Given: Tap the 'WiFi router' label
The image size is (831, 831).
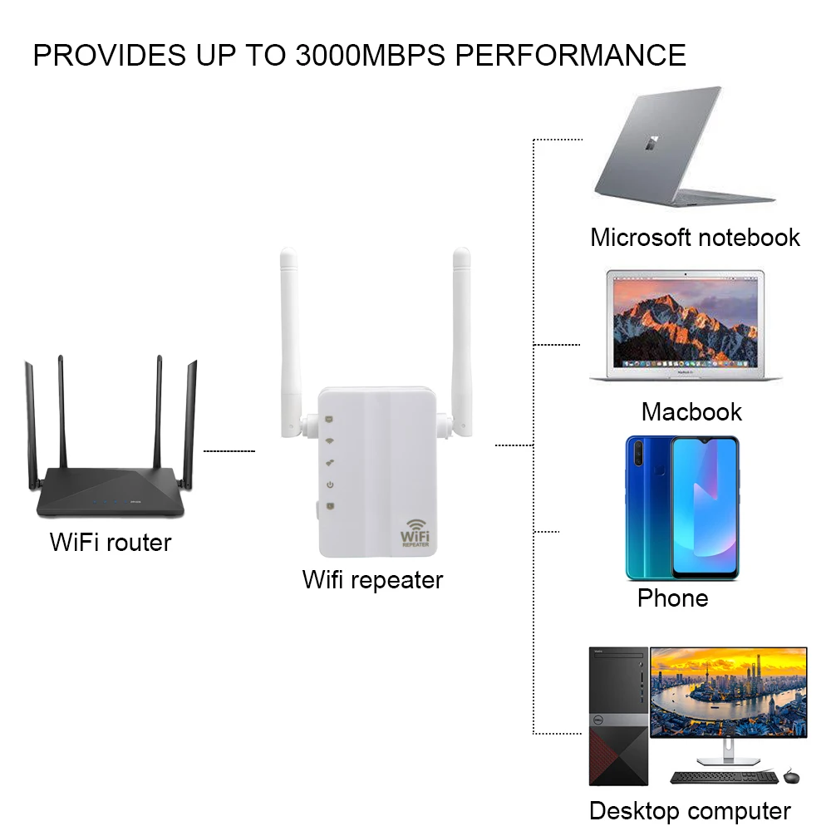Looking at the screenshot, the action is click(x=111, y=543).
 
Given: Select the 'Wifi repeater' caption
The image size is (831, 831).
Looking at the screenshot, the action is click(x=372, y=579).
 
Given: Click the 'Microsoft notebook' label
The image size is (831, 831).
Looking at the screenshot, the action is click(x=695, y=237).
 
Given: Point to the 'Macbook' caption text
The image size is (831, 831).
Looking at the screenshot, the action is click(x=691, y=411).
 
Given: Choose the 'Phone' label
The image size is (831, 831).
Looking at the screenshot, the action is click(x=672, y=597).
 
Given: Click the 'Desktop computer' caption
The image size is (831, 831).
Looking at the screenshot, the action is click(x=690, y=810).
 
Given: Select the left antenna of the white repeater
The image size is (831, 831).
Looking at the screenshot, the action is click(x=289, y=332).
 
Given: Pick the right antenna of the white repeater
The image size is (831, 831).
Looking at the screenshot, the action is click(x=462, y=332).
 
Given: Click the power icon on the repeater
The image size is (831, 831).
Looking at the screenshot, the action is click(x=330, y=484).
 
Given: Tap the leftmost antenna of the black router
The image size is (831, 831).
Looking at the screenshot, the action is click(x=31, y=424).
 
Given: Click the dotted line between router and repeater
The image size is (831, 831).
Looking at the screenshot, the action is click(x=229, y=451).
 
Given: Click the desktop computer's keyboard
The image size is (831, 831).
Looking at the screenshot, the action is click(x=724, y=777).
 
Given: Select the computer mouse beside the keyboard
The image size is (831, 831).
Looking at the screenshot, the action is click(x=791, y=776).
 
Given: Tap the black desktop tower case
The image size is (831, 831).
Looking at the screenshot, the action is click(x=617, y=715).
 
